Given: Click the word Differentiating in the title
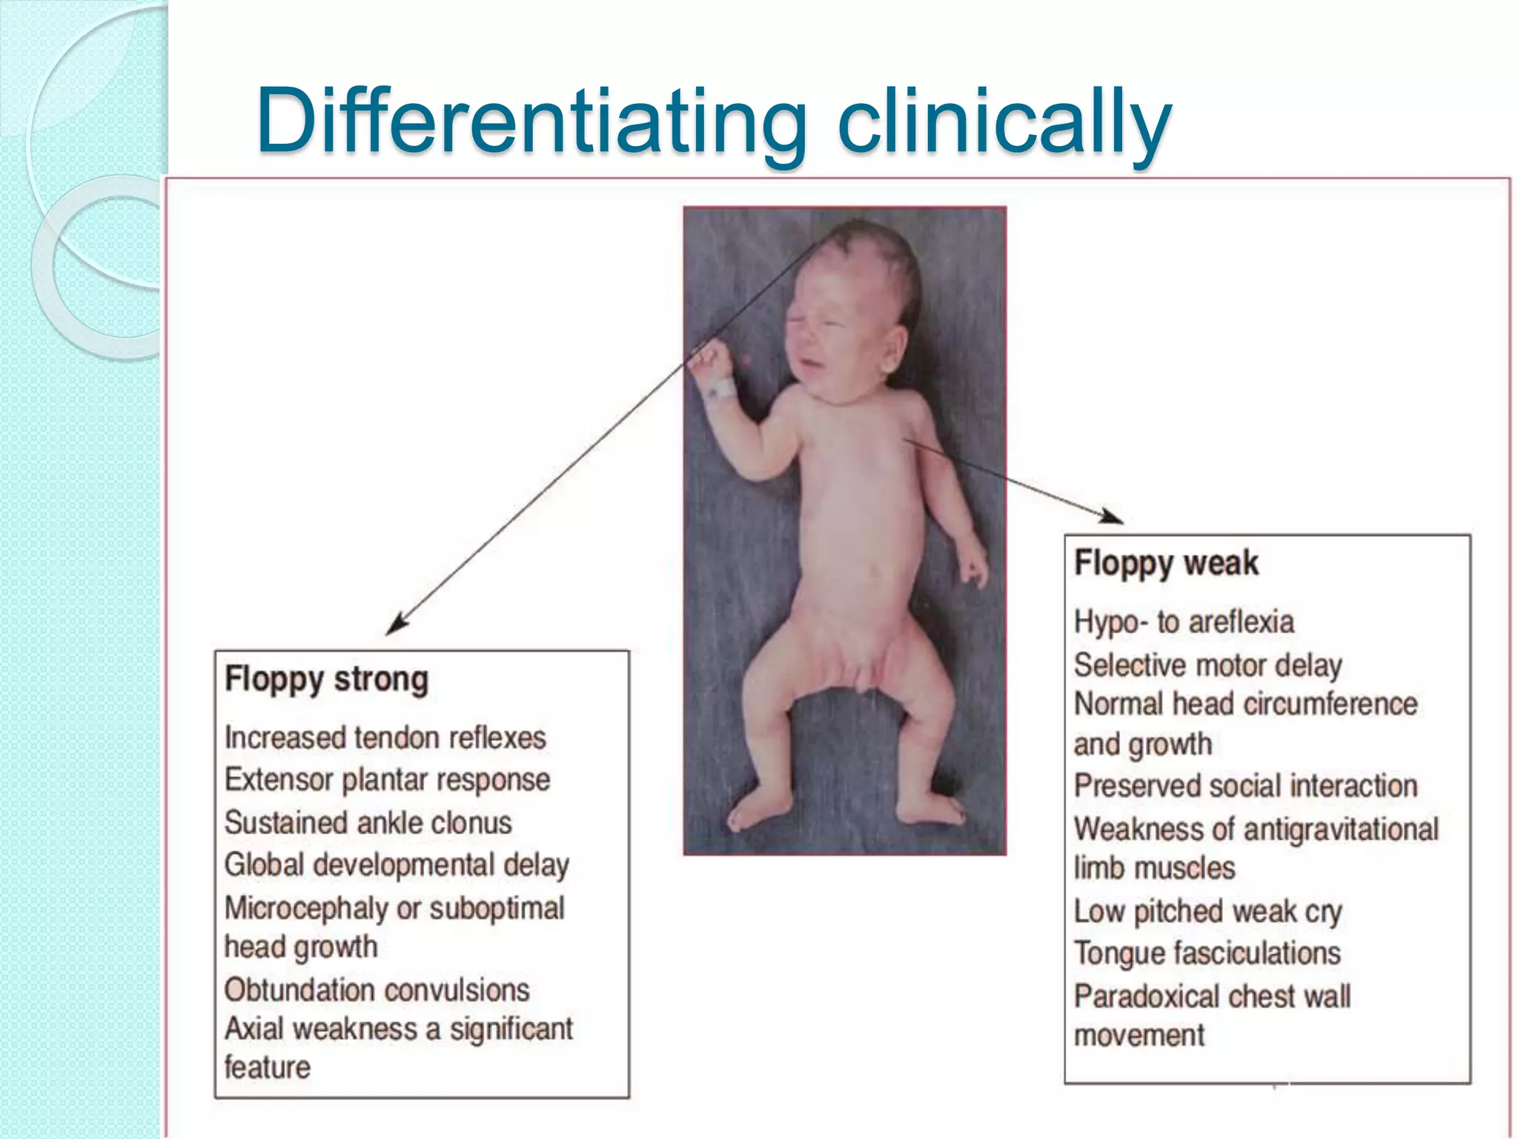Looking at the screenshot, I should click(x=531, y=120).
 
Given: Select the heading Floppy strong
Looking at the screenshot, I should click(x=326, y=679).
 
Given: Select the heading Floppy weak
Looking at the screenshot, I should click(x=1166, y=563).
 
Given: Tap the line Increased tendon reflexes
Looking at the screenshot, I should click(x=385, y=738).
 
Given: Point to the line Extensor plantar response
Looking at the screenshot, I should click(x=387, y=779).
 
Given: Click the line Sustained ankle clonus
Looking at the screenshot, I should click(x=368, y=822).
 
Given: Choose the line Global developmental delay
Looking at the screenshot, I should click(x=397, y=865).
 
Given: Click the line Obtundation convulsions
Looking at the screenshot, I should click(x=377, y=990).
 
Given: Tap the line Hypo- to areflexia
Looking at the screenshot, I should click(x=1184, y=621).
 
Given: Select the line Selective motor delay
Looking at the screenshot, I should click(x=1207, y=665).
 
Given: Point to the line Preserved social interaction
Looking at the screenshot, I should click(x=1245, y=785).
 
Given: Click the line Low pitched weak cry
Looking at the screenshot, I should click(x=1207, y=911).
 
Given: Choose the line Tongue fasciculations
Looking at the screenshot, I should click(x=1207, y=953).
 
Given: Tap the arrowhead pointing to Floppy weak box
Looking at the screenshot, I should click(x=1112, y=517).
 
